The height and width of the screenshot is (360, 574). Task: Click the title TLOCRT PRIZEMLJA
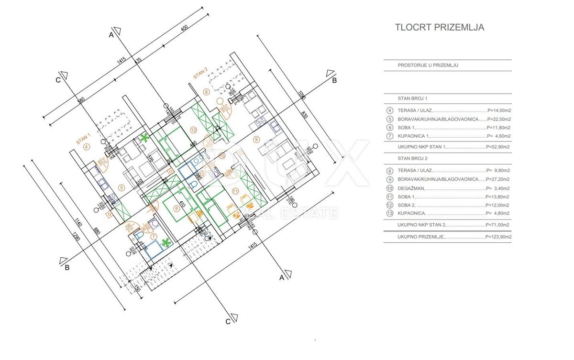(x=439, y=27)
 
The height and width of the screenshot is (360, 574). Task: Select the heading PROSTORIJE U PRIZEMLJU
(x=428, y=65)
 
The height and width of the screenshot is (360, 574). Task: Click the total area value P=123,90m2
(x=498, y=237)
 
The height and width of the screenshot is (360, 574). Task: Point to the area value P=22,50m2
(x=498, y=119)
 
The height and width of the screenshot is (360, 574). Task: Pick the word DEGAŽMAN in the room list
(x=411, y=187)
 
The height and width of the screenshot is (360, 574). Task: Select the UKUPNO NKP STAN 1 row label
(x=421, y=147)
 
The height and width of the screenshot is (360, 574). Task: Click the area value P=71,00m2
(x=498, y=225)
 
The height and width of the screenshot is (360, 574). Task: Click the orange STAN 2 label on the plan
(x=200, y=74)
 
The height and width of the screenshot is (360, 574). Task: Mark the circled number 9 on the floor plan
(x=256, y=139)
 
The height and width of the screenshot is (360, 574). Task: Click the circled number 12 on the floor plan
(x=193, y=130)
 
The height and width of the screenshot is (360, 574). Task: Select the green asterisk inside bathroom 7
(x=166, y=242)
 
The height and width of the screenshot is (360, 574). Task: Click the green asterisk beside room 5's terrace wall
(x=144, y=138)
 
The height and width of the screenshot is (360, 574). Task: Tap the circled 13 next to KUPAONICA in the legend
(x=389, y=214)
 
